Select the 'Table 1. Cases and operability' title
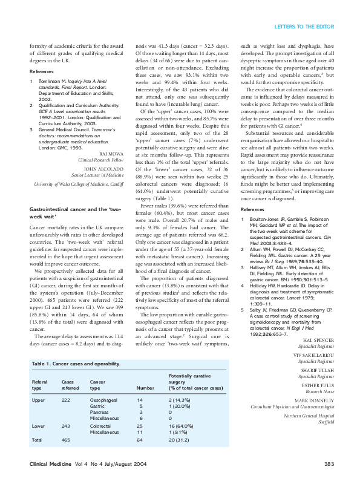point(76,364)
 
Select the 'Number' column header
point(146,387)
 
